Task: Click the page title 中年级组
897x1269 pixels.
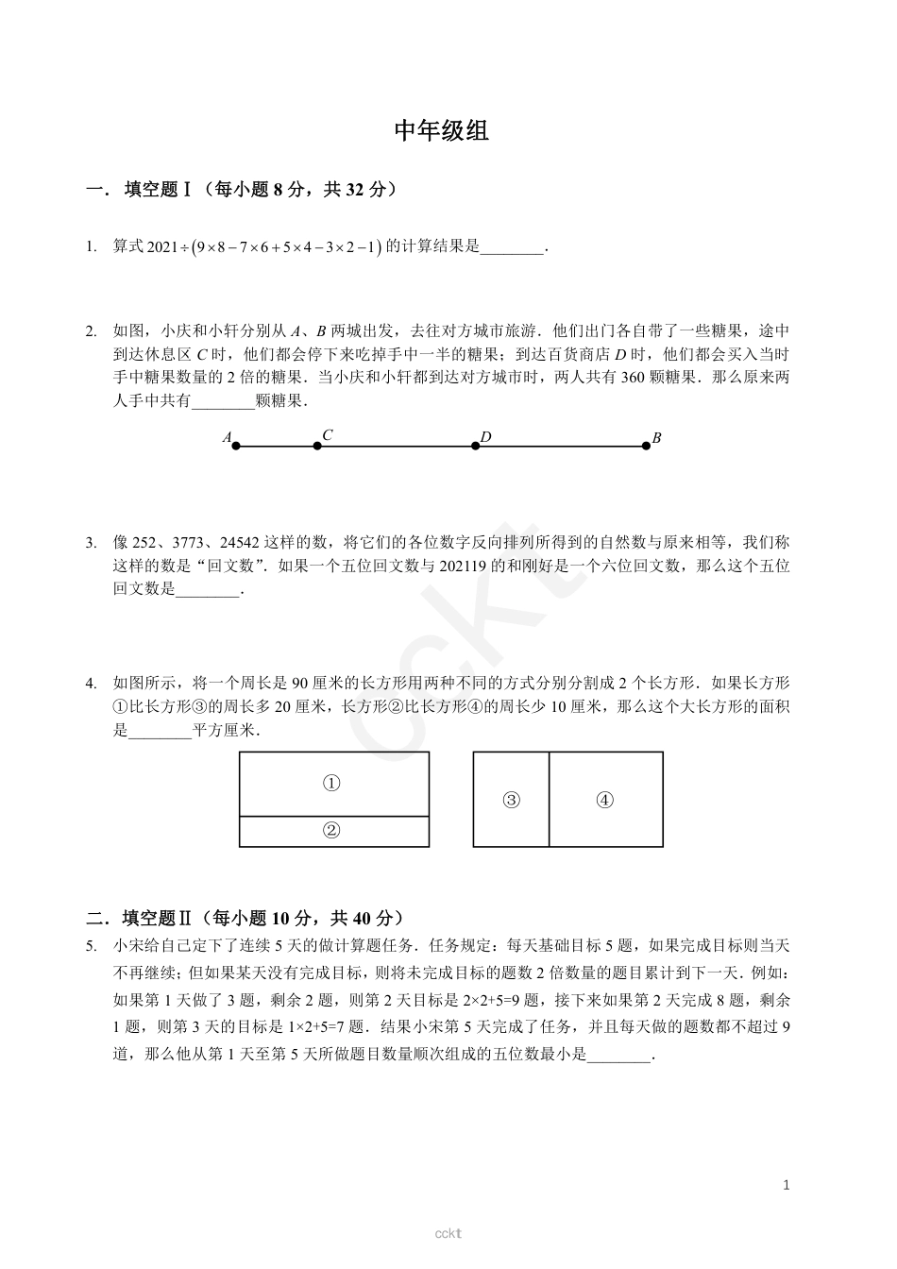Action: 442,131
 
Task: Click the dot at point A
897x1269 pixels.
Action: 236,446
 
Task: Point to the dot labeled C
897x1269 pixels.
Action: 317,446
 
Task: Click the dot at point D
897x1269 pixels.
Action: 476,446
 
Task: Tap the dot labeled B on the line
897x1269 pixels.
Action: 647,446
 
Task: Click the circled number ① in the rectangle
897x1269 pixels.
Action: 331,783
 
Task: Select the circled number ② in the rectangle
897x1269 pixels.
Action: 331,831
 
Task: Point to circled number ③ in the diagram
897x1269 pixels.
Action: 511,800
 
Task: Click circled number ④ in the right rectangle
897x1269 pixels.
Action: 605,800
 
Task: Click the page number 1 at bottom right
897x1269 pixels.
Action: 787,1185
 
